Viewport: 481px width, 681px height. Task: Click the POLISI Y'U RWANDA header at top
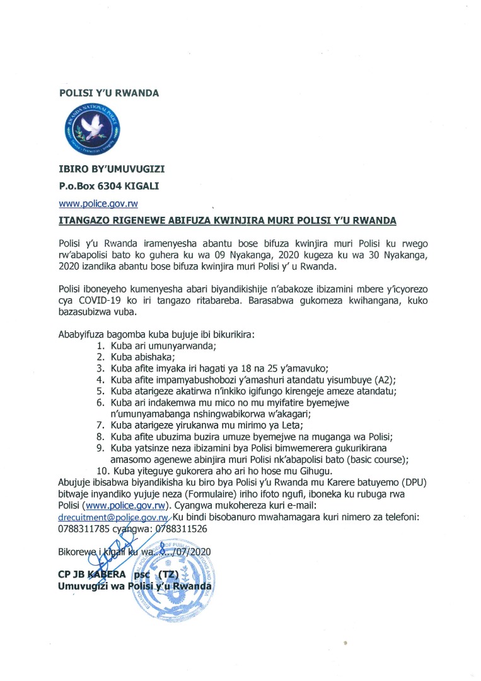click(x=108, y=93)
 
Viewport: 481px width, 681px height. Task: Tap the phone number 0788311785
click(x=84, y=528)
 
